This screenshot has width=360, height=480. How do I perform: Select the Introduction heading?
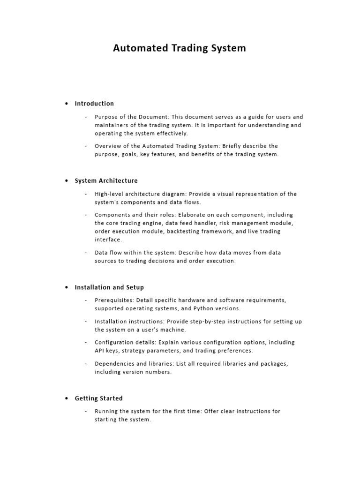click(x=94, y=104)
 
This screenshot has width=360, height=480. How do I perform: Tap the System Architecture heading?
click(x=106, y=181)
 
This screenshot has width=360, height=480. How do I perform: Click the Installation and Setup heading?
click(x=109, y=287)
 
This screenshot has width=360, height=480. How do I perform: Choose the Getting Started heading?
click(x=99, y=398)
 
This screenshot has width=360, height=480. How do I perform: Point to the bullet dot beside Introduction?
click(x=67, y=104)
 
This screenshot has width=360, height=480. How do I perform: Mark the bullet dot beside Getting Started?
click(x=67, y=398)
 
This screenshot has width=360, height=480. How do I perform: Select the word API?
click(x=100, y=351)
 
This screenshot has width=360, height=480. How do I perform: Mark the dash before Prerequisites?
click(x=86, y=300)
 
